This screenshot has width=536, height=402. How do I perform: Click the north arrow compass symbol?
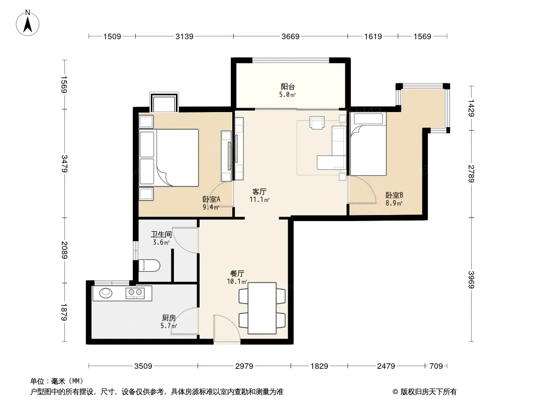(28, 23)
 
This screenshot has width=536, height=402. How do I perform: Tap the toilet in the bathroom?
(149, 265)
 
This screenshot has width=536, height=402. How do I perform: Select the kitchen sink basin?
(106, 292)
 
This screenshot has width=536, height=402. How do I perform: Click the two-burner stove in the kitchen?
(135, 292)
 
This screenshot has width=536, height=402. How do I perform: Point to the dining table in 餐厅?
(262, 308)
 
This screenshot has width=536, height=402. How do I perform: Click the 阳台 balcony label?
(288, 87)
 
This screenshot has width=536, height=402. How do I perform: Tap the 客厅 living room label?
(259, 191)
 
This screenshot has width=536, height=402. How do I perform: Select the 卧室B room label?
(394, 195)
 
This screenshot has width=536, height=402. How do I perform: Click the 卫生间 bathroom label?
(161, 234)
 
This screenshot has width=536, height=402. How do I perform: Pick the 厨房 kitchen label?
(169, 318)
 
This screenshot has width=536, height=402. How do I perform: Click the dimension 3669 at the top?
(290, 36)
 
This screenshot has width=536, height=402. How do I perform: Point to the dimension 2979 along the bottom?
(244, 366)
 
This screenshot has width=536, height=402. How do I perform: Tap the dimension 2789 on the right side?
(472, 173)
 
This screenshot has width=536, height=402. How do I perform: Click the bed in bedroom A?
(169, 157)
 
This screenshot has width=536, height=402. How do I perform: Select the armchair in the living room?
(317, 122)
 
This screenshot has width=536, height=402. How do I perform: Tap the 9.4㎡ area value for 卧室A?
(211, 207)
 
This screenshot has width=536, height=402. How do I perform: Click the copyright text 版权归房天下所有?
(428, 392)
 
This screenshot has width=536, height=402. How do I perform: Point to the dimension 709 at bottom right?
(436, 366)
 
